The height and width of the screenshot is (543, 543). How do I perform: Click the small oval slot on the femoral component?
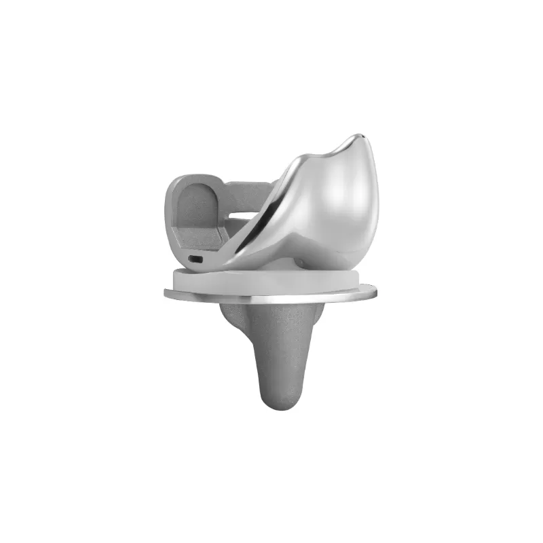(195, 259)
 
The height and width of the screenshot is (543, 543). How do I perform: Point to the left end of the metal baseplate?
(168, 293)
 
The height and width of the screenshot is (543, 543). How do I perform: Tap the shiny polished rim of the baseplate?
(271, 298)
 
